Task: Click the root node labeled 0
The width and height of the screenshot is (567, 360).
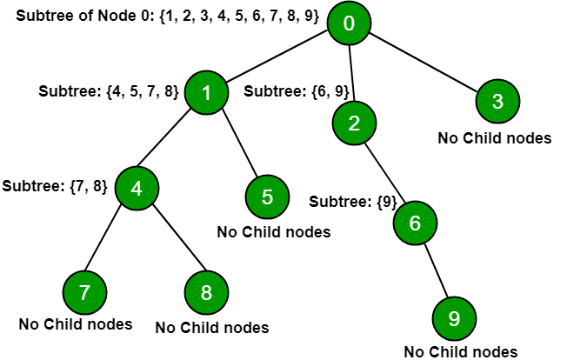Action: [x=349, y=23]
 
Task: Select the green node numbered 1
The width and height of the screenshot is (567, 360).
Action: [x=206, y=92]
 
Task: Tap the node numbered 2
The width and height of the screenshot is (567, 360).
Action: [x=354, y=123]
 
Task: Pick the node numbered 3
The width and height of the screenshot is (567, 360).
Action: [x=497, y=101]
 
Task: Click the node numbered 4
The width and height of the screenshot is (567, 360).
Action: [x=137, y=188]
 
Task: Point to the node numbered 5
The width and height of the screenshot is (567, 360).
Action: [x=267, y=197]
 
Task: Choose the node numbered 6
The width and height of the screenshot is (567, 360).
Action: [x=415, y=223]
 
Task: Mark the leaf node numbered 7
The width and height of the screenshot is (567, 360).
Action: [x=84, y=292]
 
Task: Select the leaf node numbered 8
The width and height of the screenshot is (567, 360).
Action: [x=206, y=292]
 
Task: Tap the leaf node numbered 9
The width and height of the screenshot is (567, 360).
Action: [x=454, y=318]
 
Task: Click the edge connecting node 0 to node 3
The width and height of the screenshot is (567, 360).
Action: [x=424, y=62]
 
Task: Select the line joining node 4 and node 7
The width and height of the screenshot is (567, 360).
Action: [x=103, y=238]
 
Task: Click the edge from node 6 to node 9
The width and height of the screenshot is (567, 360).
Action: [x=437, y=270]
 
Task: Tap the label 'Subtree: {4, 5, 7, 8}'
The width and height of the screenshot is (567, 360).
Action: [x=109, y=91]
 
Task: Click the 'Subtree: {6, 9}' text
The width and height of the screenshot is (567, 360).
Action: [x=297, y=91]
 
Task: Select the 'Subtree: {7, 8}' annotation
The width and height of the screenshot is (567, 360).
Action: [x=55, y=186]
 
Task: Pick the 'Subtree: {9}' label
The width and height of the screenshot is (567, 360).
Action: [x=353, y=202]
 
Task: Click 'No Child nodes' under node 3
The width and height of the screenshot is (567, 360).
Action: [x=495, y=138]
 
